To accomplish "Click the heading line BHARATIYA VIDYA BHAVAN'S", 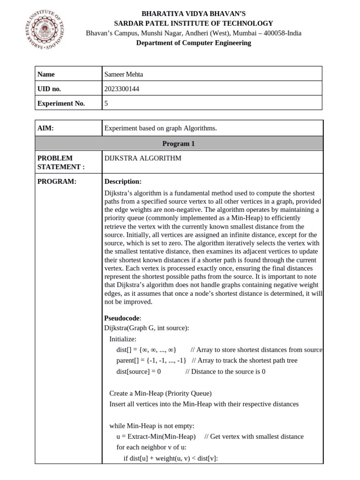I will (193, 14).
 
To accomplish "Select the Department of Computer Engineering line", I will (193, 43).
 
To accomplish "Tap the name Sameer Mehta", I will (124, 74).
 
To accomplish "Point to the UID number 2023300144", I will (122, 89).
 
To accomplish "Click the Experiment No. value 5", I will (106, 104).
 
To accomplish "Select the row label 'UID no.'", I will (49, 89).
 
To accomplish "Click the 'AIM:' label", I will (46, 128).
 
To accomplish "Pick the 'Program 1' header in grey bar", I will (179, 143).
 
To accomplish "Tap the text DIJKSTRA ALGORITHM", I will (142, 158).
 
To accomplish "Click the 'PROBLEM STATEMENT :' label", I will (61, 162).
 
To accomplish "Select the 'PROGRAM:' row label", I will (57, 181).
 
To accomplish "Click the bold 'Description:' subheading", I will (123, 181).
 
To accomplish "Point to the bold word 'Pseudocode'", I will (121, 318).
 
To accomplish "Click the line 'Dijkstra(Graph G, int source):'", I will (146, 328).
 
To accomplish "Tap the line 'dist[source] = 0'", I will (138, 372).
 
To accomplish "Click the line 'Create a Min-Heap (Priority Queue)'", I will (160, 393).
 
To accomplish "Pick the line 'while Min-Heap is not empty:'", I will (151, 426).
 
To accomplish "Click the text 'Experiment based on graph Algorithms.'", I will (161, 128).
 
